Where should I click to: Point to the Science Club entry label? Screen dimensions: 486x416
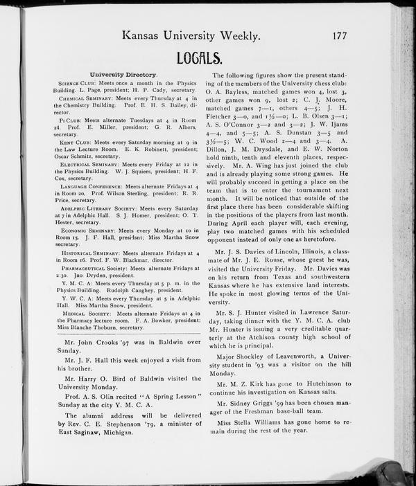(x=81, y=83)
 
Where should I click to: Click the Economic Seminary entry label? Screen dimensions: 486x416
(x=88, y=231)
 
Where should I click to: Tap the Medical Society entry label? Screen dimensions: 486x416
(x=86, y=314)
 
